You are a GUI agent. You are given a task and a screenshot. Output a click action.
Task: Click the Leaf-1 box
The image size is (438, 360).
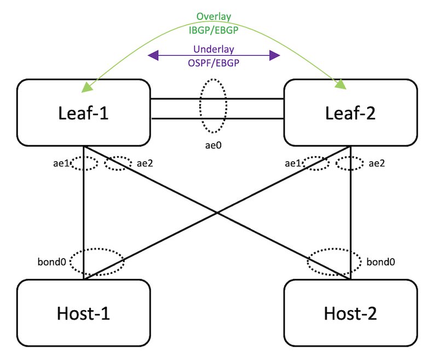coord(84,112)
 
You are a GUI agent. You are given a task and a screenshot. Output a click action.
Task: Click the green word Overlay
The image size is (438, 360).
coord(214,16)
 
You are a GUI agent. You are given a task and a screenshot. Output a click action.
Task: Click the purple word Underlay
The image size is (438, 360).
coord(214,50)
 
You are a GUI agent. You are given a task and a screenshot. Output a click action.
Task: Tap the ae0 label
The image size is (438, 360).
coord(213,145)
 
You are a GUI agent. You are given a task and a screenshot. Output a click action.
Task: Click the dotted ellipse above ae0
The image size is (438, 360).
coord(213,106)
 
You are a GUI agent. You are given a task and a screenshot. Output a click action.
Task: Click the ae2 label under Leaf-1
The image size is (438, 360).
coord(143,162)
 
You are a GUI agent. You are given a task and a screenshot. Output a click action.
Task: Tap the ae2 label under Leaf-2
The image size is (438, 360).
coord(375,162)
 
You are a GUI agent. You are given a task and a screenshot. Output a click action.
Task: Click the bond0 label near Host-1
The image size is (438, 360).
coord(54,262)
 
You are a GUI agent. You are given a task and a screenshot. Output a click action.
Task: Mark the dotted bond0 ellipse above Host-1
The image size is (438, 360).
coord(97,262)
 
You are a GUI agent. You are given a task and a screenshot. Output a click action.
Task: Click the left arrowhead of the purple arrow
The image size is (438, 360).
coord(154,55)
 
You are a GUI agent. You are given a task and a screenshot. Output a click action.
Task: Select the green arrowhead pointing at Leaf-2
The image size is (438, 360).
coord(341,85)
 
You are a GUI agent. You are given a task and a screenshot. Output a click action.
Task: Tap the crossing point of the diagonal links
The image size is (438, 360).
coord(217,213)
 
